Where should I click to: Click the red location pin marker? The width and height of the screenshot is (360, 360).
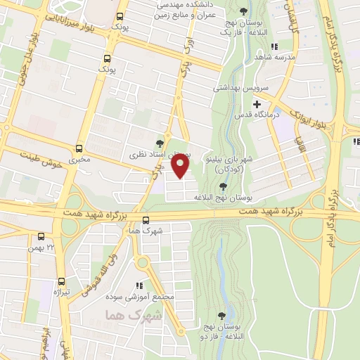[181, 167]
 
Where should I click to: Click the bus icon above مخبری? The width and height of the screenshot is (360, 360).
[81, 149]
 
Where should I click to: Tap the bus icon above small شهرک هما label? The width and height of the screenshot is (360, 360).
[146, 219]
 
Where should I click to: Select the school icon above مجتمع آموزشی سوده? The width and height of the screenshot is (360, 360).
[139, 285]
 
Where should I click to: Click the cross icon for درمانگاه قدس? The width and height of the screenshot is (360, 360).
[257, 104]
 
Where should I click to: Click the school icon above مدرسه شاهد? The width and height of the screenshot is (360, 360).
[274, 46]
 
